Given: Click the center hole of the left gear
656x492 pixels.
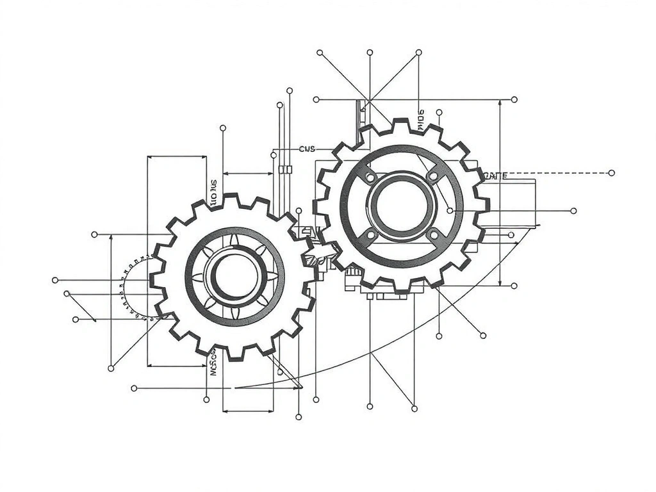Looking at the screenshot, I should tap(234, 276).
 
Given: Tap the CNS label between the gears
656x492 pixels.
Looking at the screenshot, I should tap(307, 149).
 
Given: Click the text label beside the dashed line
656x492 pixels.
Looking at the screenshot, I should tap(495, 176).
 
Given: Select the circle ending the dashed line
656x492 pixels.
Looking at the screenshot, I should tap(611, 173).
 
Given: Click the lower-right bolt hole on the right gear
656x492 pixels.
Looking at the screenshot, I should tap(433, 234).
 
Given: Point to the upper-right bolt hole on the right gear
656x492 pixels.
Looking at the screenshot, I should tap(433, 176).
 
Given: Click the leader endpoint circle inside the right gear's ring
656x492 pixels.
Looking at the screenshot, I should tap(450, 210).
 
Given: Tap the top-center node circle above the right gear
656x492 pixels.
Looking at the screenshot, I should tap(370, 52).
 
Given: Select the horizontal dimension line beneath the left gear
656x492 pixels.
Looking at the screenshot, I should tap(248, 411).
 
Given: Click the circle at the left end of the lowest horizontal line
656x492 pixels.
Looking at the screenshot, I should tap(134, 388).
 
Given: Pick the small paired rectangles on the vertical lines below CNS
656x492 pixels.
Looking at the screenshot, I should tap(286, 170).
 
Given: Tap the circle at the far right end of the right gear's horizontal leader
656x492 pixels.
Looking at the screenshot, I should tap(573, 211).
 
